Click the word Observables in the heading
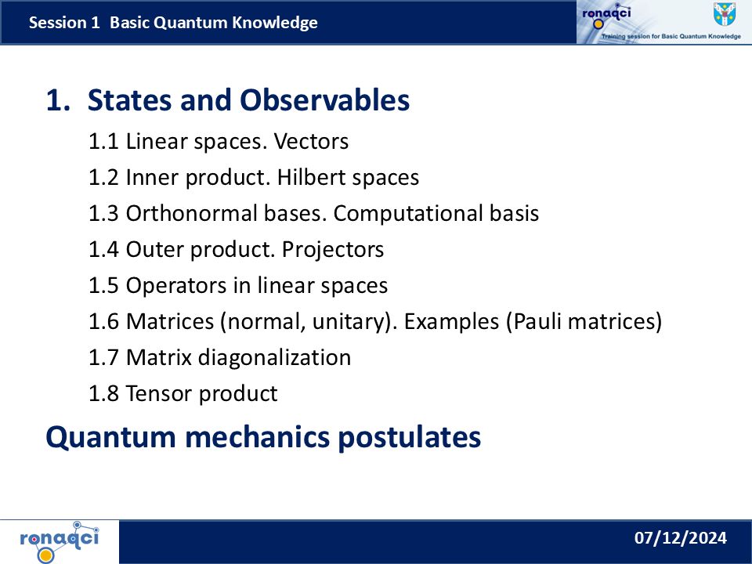click(324, 100)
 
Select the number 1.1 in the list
click(103, 142)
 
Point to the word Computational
click(409, 214)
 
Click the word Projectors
click(333, 250)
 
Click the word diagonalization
click(274, 358)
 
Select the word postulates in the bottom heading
click(409, 437)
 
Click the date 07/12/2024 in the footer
click(680, 537)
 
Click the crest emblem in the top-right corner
click(724, 14)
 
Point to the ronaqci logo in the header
click(606, 16)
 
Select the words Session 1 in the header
click(64, 23)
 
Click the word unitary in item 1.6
click(349, 322)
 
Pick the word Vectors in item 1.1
click(311, 142)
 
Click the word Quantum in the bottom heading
click(110, 437)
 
